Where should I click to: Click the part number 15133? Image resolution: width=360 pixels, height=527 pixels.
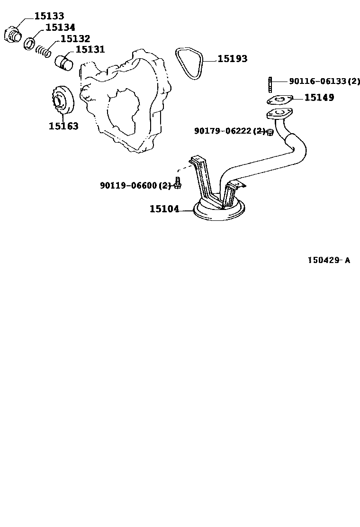(49, 16)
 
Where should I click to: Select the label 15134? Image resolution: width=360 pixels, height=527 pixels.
(61, 27)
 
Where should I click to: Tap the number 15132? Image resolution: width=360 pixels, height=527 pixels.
(75, 38)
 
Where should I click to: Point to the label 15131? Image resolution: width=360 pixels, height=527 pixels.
(90, 49)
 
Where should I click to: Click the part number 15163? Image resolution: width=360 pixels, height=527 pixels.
(63, 126)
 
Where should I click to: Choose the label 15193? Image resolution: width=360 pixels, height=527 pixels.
(233, 58)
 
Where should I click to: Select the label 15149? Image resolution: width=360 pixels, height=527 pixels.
(319, 98)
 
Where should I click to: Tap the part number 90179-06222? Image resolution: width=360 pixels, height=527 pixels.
(223, 131)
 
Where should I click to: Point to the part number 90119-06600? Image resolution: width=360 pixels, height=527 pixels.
(128, 185)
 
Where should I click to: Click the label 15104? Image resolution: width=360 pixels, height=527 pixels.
(164, 209)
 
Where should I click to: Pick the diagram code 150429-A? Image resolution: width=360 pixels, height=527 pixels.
(329, 260)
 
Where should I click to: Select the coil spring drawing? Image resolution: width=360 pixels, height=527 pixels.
(44, 51)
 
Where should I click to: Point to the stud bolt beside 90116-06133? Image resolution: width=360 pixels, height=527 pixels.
(270, 84)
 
